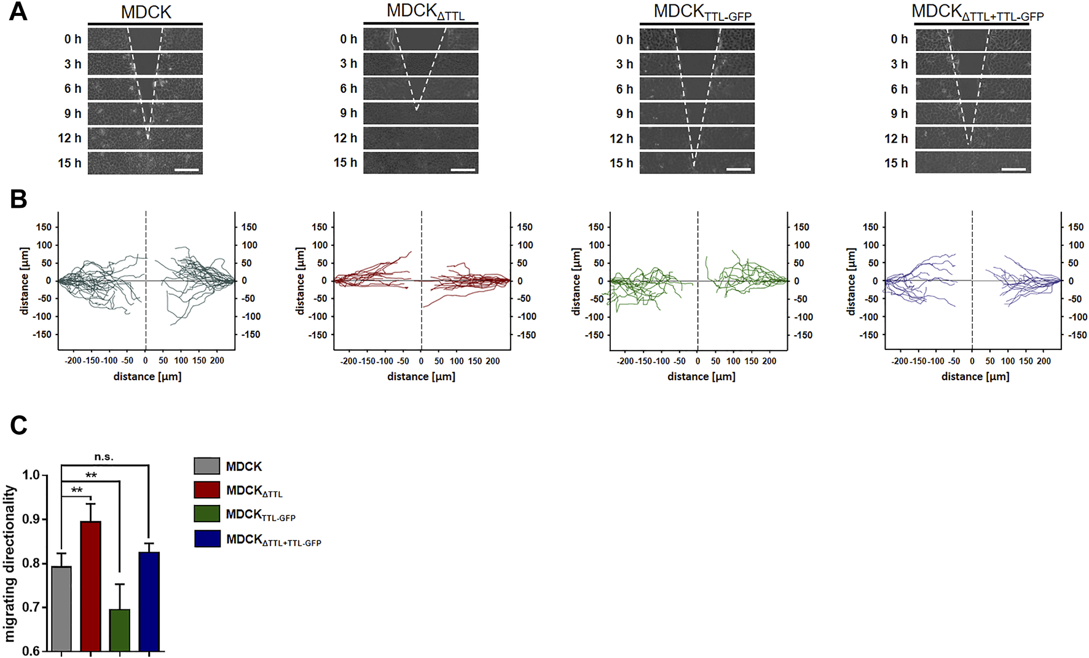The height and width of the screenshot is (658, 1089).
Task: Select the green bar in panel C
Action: click(x=120, y=630)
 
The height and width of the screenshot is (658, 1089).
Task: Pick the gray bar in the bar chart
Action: click(x=61, y=608)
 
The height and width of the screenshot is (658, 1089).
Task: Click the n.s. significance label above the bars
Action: click(x=104, y=457)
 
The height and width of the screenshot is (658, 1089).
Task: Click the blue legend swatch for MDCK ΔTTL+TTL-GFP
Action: click(x=206, y=539)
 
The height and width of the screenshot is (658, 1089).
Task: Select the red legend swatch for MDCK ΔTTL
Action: click(x=206, y=490)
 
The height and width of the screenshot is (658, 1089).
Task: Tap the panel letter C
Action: click(x=18, y=425)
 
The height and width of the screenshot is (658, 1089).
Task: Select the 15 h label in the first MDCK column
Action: click(x=69, y=163)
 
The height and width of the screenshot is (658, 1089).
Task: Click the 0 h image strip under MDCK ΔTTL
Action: click(x=420, y=39)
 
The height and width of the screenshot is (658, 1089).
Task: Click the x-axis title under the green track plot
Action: click(x=701, y=376)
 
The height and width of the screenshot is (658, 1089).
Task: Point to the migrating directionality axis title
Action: click(x=10, y=563)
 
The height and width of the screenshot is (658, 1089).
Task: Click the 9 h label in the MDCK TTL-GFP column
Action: click(x=624, y=114)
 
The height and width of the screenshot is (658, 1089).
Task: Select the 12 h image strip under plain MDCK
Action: click(x=145, y=138)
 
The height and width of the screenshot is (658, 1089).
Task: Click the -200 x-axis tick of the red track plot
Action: click(x=348, y=361)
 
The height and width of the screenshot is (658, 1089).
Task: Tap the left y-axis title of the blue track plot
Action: click(x=851, y=281)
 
